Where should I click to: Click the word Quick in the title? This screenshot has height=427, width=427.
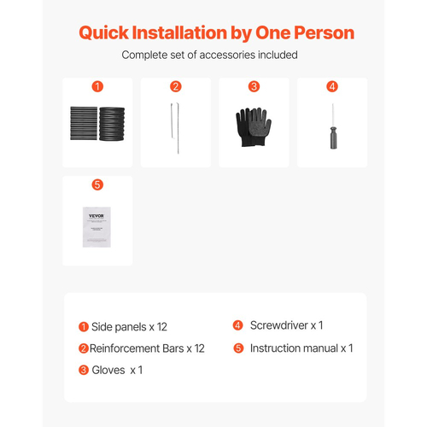(x=104, y=33)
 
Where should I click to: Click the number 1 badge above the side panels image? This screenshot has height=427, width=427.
(x=97, y=86)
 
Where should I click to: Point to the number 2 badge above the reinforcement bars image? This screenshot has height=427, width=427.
(x=176, y=86)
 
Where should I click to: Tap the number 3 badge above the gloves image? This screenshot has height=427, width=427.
(x=254, y=86)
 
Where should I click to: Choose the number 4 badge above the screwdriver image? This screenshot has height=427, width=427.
(x=332, y=86)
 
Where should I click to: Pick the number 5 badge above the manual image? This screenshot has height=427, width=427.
(x=97, y=184)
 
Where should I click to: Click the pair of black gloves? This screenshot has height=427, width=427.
(x=254, y=127)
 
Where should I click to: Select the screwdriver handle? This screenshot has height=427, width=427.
(x=333, y=138)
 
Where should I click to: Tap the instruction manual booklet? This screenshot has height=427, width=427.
(x=97, y=227)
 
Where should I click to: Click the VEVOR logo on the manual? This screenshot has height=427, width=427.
(x=97, y=216)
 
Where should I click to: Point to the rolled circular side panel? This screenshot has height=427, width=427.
(x=112, y=124)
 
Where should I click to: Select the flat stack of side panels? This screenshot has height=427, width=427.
(x=84, y=123)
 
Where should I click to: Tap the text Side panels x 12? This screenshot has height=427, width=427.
(x=129, y=327)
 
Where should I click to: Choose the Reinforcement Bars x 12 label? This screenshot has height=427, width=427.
(x=147, y=348)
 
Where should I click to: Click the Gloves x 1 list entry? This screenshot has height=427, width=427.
(x=117, y=370)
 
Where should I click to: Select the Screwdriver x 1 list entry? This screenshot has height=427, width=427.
(x=287, y=325)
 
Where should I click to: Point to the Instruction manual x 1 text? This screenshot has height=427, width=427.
(x=301, y=348)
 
